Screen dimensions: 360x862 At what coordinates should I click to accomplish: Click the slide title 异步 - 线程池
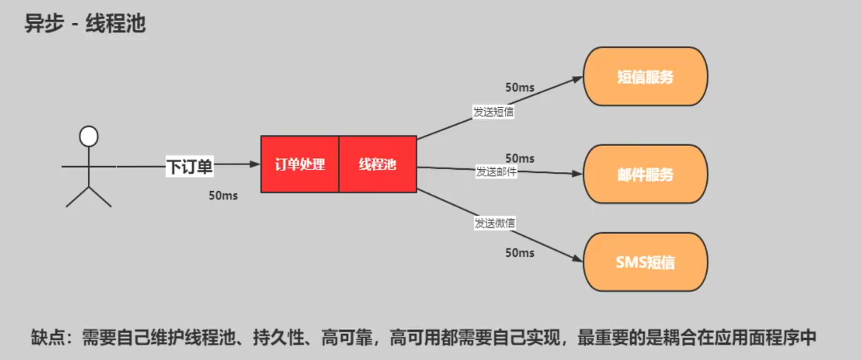click(x=85, y=24)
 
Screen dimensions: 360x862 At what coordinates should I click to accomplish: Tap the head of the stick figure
click(x=89, y=136)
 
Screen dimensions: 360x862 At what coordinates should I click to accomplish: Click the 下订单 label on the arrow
click(x=189, y=167)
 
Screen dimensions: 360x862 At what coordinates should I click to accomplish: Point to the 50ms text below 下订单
click(x=223, y=196)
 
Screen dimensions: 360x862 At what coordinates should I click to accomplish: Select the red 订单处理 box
click(x=300, y=165)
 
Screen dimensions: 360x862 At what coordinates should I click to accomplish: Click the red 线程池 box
click(x=378, y=165)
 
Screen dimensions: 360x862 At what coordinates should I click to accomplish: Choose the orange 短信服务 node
click(x=645, y=77)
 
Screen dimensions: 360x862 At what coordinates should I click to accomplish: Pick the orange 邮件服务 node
click(x=645, y=175)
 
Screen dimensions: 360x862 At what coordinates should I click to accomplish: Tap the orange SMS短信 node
click(x=645, y=262)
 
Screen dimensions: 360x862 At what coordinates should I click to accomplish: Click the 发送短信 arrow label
click(x=493, y=112)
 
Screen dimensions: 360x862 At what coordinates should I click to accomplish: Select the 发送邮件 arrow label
click(x=496, y=171)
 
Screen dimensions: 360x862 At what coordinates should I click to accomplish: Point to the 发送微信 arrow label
click(x=495, y=223)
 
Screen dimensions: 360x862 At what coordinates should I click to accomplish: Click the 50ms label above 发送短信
click(x=520, y=88)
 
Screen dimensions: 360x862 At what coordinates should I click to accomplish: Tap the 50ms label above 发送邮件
click(x=520, y=159)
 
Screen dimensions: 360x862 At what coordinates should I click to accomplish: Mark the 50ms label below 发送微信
click(x=520, y=253)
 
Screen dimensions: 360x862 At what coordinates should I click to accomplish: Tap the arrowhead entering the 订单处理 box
click(x=255, y=164)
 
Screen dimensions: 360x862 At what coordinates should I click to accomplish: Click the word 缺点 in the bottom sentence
click(x=48, y=338)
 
